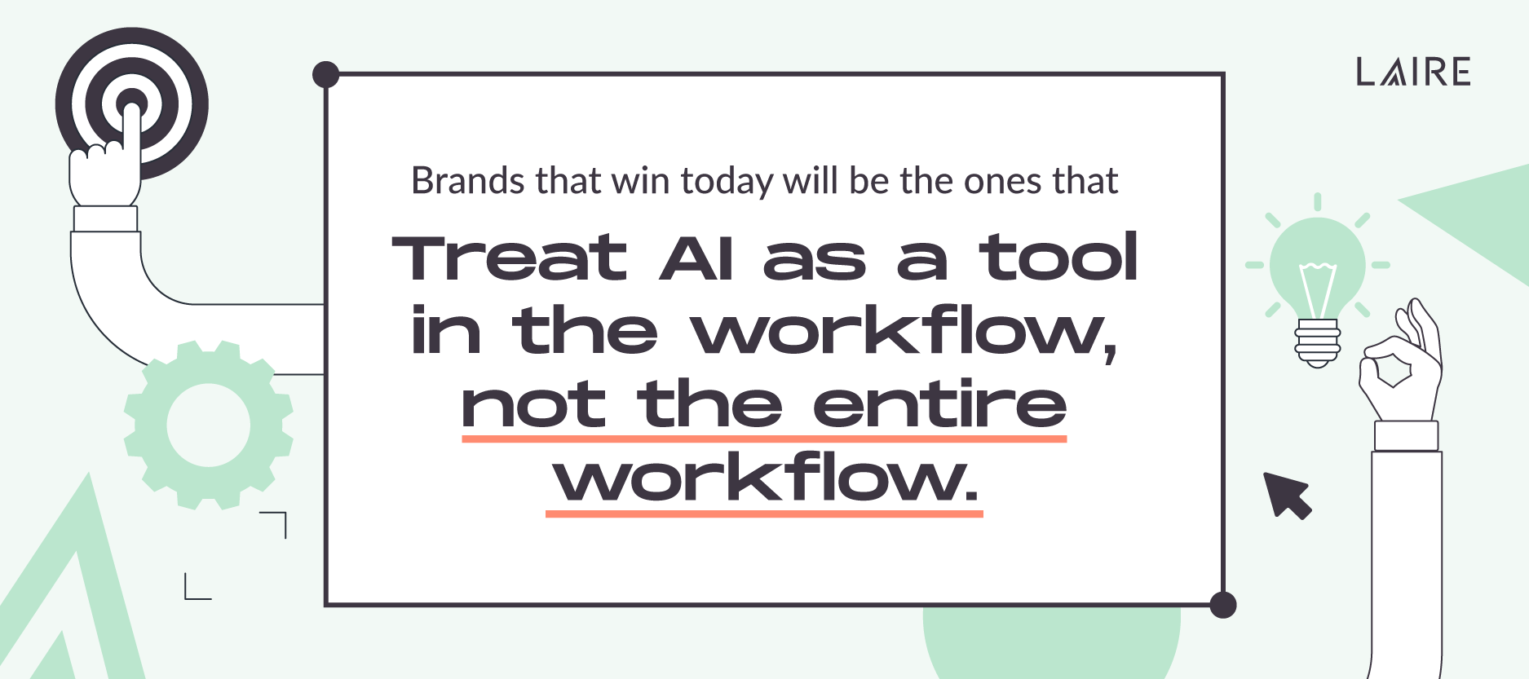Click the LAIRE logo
pyautogui.click(x=1413, y=72)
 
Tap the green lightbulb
pyautogui.click(x=1317, y=265)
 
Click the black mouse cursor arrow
pyautogui.click(x=1287, y=494)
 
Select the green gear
pyautogui.click(x=208, y=425)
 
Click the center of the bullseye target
pyautogui.click(x=131, y=104)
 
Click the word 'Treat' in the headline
pyautogui.click(x=509, y=258)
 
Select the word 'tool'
pyautogui.click(x=1058, y=258)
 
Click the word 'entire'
pyautogui.click(x=939, y=404)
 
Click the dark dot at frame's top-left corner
pyautogui.click(x=326, y=74)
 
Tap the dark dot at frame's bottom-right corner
pyautogui.click(x=1222, y=605)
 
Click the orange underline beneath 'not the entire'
pyautogui.click(x=764, y=439)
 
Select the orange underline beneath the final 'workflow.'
pyautogui.click(x=764, y=514)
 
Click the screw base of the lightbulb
pyautogui.click(x=1317, y=342)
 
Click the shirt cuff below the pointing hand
pyautogui.click(x=105, y=218)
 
